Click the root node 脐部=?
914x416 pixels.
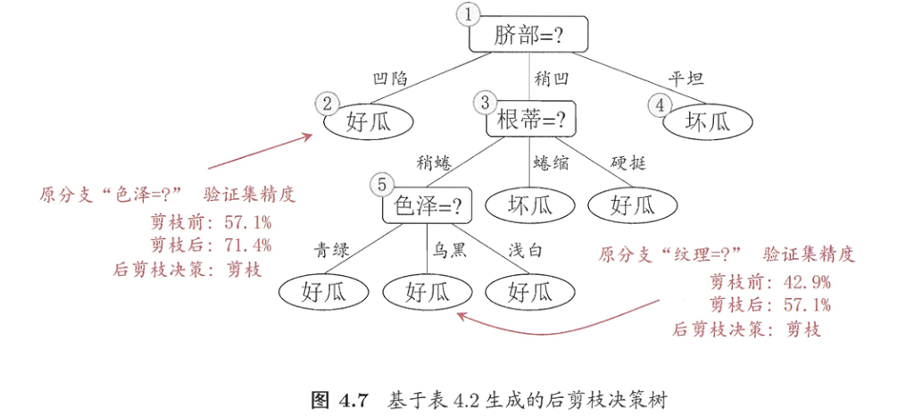point(528,35)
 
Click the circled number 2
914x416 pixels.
point(328,104)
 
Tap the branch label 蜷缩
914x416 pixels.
point(552,163)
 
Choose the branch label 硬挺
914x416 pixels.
point(629,163)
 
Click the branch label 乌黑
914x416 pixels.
point(449,250)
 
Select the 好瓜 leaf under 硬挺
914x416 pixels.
point(632,206)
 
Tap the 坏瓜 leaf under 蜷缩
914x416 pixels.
point(530,206)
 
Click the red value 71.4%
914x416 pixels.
point(247,246)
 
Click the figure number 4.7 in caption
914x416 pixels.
point(353,399)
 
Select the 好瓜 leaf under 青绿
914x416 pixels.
point(323,291)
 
